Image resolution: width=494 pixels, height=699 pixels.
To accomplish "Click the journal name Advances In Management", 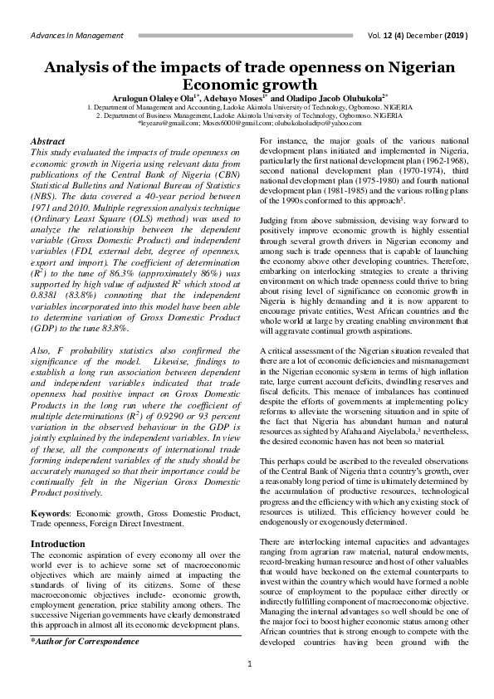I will (x=76, y=36).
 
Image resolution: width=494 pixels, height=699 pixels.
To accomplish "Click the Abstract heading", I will (x=47, y=142).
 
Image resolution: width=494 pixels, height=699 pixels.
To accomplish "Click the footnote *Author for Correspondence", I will (x=84, y=642).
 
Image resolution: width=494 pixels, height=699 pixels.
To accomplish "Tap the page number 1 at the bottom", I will (x=248, y=687).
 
